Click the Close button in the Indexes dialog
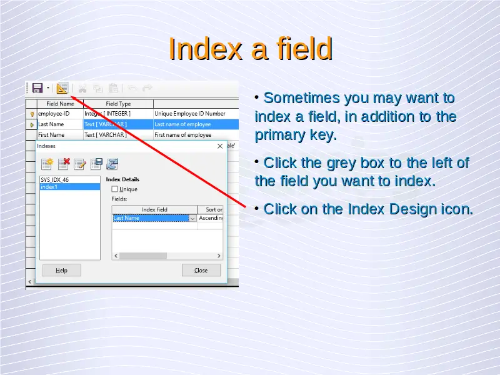pyautogui.click(x=201, y=271)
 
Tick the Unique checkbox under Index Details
pyautogui.click(x=115, y=189)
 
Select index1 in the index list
pyautogui.click(x=70, y=187)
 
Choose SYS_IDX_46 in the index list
pyautogui.click(x=70, y=180)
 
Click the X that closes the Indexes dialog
pyautogui.click(x=220, y=146)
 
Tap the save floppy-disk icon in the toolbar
pyautogui.click(x=37, y=88)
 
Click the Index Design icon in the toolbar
pyautogui.click(x=62, y=88)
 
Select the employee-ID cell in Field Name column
pyautogui.click(x=60, y=114)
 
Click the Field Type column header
pyautogui.click(x=118, y=104)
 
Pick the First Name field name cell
pyautogui.click(x=60, y=135)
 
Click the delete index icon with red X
pyautogui.click(x=64, y=164)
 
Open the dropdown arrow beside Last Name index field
pyautogui.click(x=192, y=218)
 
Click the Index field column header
pyautogui.click(x=154, y=209)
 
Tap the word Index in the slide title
pyautogui.click(x=205, y=49)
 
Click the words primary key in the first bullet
pyautogui.click(x=296, y=135)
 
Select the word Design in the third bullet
pyautogui.click(x=413, y=209)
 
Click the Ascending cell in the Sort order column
pyautogui.click(x=211, y=218)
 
